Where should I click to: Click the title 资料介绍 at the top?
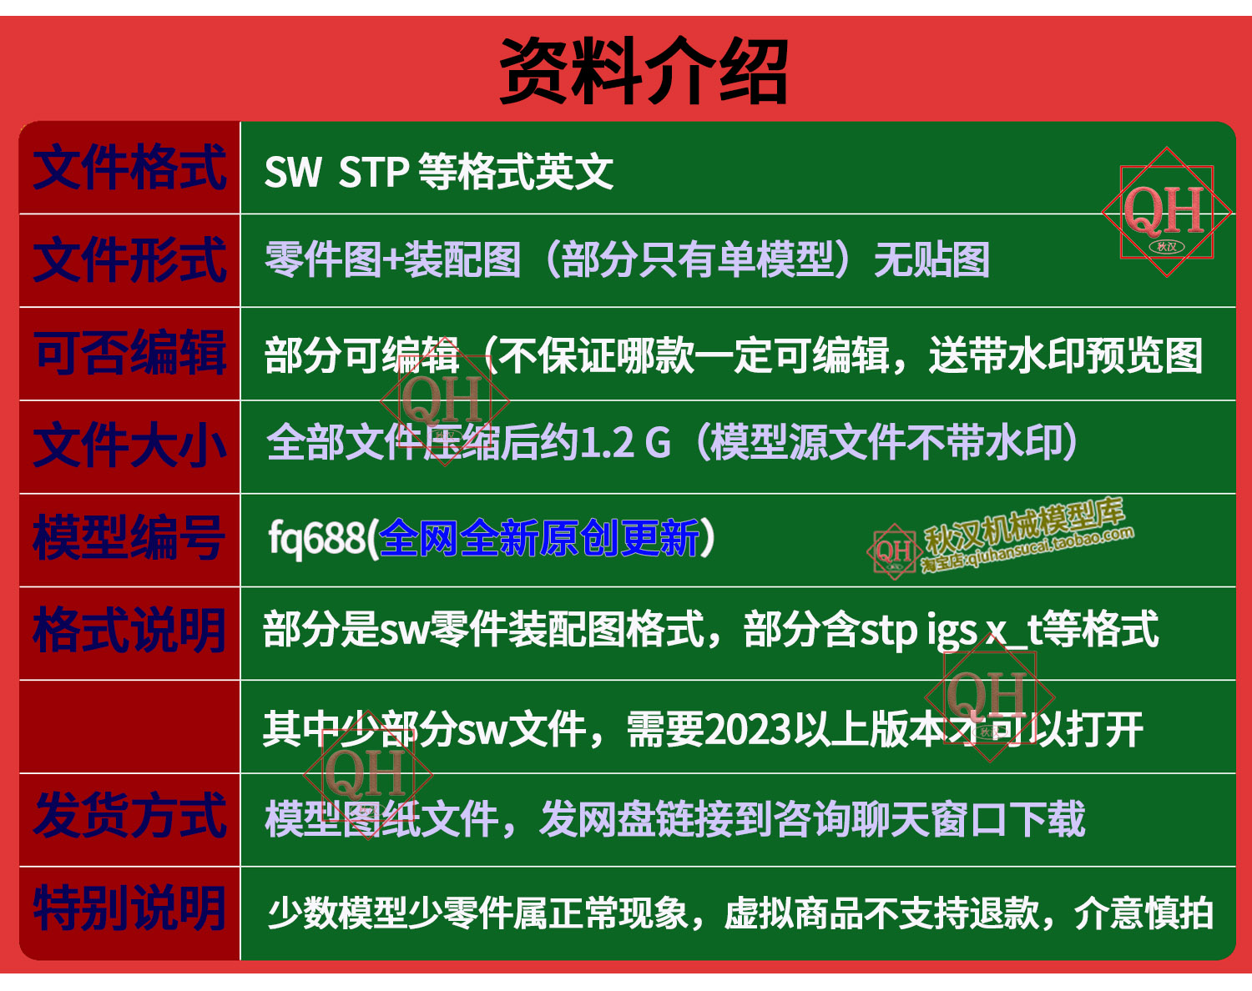[644, 71]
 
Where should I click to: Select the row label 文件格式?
[129, 168]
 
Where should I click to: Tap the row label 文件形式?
[129, 260]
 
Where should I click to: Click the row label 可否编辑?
[129, 352]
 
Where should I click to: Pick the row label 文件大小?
[129, 445]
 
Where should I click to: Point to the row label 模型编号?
[129, 538]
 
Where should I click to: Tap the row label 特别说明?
[129, 909]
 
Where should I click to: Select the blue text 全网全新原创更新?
[539, 538]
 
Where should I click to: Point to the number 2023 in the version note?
[749, 730]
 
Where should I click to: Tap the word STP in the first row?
[373, 172]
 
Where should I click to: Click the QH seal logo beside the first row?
[1167, 212]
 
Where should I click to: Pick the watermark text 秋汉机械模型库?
[1024, 526]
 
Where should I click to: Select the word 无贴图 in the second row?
[931, 259]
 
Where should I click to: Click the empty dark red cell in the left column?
[129, 727]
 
